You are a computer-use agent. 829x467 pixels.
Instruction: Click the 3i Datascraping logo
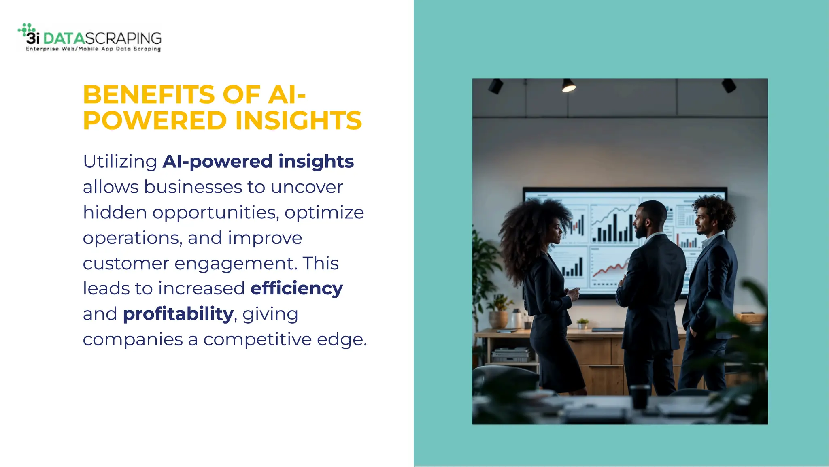point(89,38)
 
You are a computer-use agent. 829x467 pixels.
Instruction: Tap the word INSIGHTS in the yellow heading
point(298,120)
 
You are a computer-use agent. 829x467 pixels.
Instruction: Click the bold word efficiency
point(296,288)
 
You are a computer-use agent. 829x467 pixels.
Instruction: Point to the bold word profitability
point(178,314)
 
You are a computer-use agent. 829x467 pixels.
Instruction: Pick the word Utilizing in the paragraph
point(120,162)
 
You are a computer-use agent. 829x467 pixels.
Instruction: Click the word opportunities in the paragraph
point(215,213)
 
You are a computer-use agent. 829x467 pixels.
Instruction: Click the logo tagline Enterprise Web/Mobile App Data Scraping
point(93,49)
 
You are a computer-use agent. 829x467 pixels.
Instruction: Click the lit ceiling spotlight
point(568,86)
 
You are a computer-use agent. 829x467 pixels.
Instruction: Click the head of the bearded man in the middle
point(649,219)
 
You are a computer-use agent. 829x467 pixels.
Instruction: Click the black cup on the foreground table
point(639,397)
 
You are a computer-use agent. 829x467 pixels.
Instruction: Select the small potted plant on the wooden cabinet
point(582,323)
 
